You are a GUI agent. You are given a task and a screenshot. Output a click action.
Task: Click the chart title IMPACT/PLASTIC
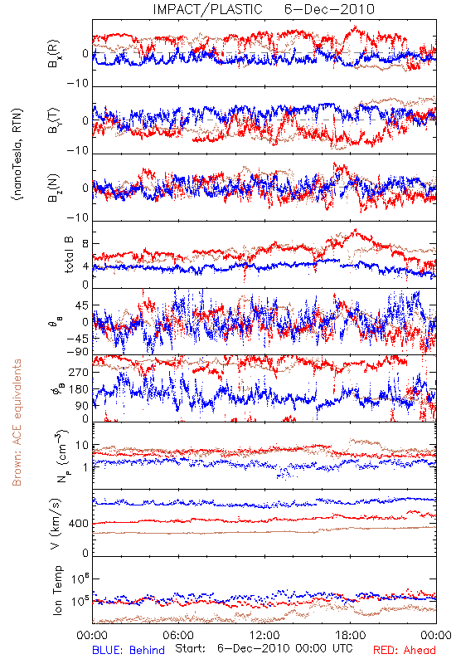[x=207, y=9]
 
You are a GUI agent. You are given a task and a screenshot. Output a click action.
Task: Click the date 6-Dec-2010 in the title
[x=329, y=9]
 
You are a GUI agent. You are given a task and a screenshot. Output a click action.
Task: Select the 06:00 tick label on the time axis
[x=178, y=635]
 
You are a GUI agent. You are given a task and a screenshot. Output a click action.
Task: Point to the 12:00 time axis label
[x=264, y=635]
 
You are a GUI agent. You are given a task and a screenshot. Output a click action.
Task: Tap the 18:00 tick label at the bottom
[x=351, y=635]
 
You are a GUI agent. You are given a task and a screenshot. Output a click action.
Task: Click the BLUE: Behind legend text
[x=129, y=650]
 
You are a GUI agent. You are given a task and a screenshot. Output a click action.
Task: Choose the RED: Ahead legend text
[x=405, y=650]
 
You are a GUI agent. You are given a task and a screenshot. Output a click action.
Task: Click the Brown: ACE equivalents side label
[x=17, y=422]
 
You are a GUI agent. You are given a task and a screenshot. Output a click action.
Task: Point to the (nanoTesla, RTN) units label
[x=17, y=154]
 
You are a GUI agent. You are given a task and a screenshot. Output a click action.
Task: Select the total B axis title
[x=69, y=255]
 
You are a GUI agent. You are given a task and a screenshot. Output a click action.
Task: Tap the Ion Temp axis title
[x=57, y=590]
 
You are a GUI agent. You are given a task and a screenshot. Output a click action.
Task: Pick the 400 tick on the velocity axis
[x=79, y=525]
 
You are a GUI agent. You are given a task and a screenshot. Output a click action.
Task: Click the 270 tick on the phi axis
[x=79, y=372]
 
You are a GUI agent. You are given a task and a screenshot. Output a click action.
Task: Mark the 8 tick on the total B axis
[x=85, y=244]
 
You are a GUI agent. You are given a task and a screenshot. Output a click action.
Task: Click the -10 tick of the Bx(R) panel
[x=78, y=84]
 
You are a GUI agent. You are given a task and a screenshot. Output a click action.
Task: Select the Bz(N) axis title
[x=54, y=188]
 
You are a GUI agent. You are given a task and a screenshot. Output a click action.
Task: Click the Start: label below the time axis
[x=191, y=648]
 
